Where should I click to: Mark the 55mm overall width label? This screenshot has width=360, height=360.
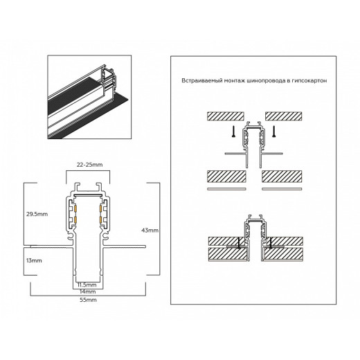click(87, 301)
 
